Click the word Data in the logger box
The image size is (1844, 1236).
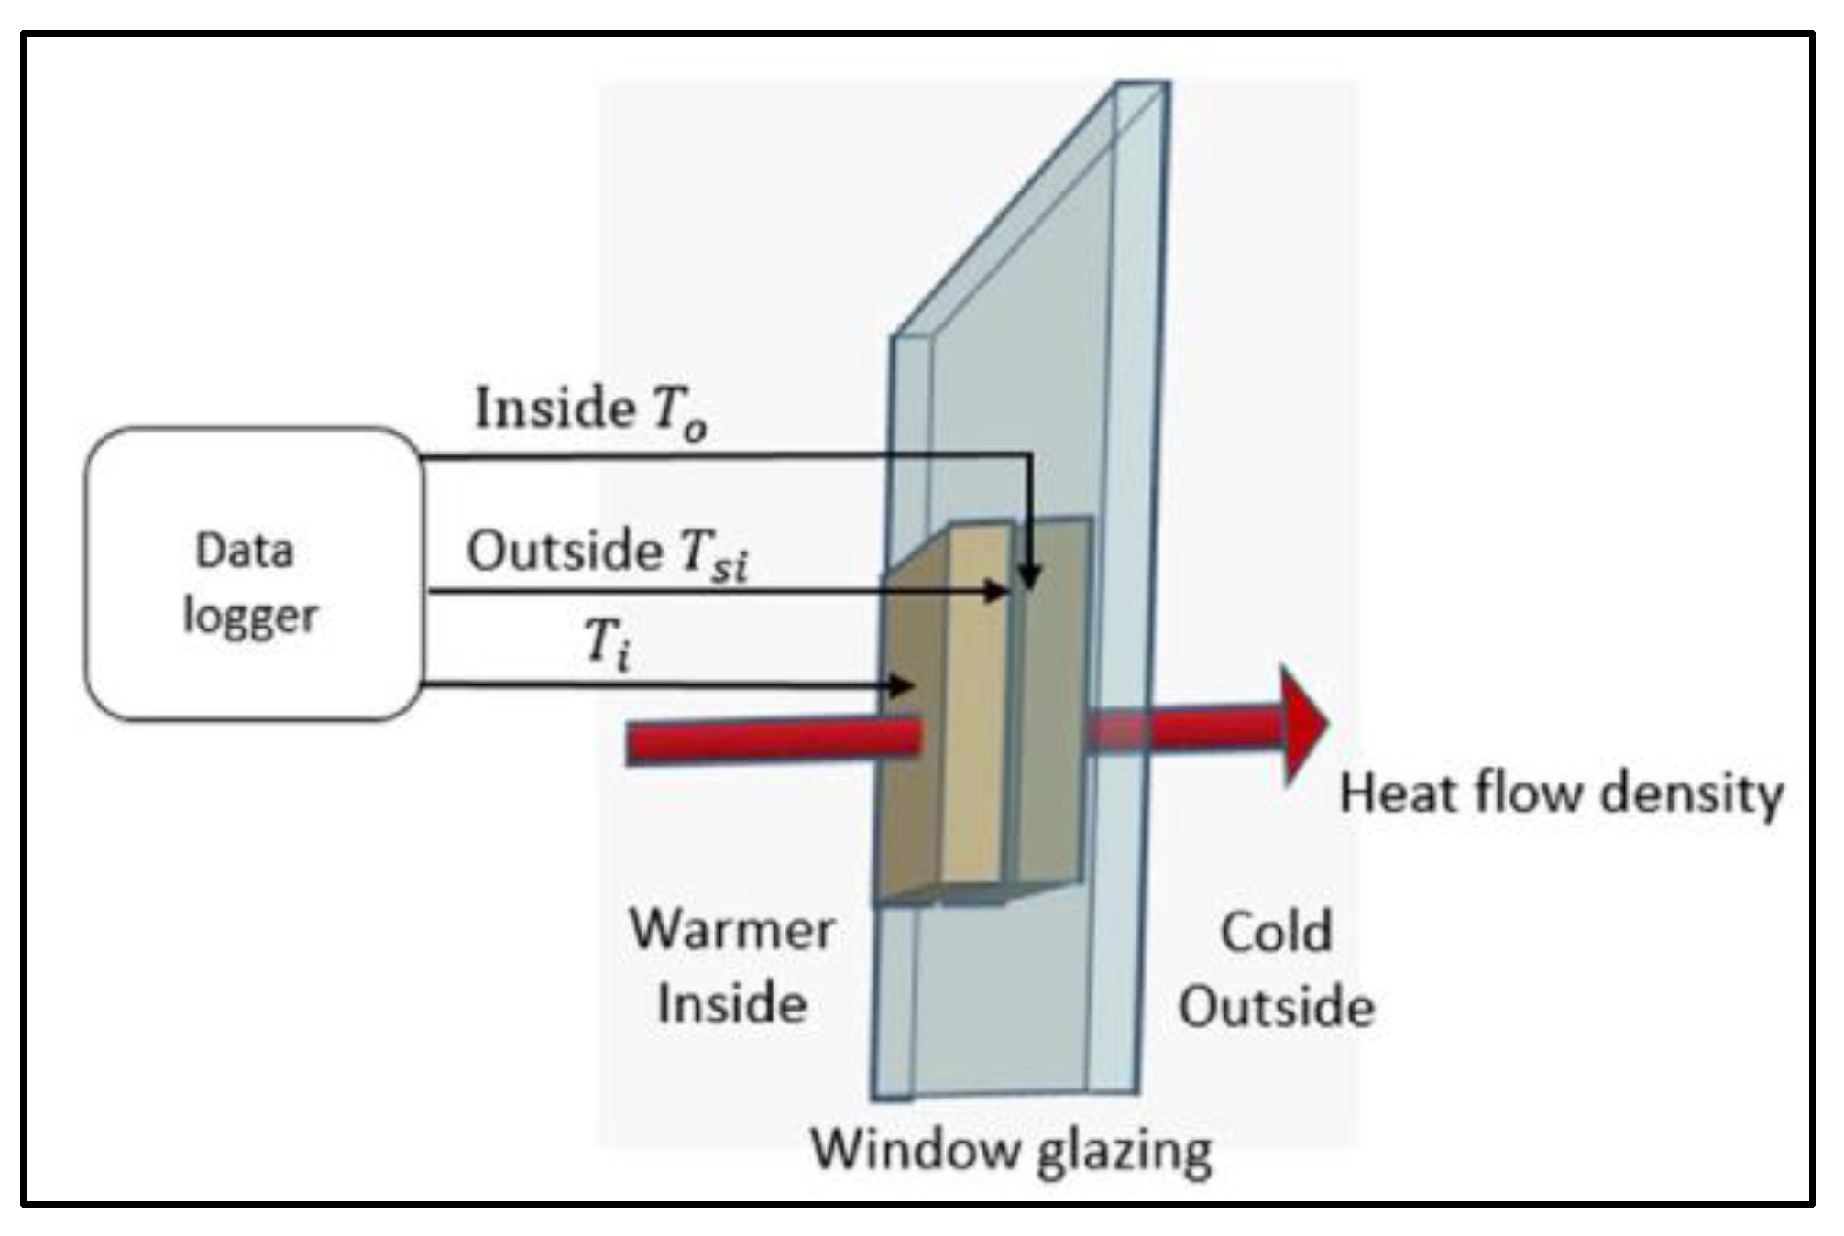[x=245, y=551]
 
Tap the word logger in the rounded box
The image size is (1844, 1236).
[x=250, y=617]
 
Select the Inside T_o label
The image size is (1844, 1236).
[x=590, y=410]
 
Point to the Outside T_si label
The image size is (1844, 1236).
[x=607, y=552]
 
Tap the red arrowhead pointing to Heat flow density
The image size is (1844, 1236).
[x=1302, y=724]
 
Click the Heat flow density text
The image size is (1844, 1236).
[x=1561, y=793]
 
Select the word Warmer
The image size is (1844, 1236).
[x=731, y=930]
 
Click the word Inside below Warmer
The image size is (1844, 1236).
[x=731, y=1003]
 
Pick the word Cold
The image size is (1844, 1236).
[x=1276, y=933]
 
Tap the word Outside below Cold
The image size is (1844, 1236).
[x=1276, y=1007]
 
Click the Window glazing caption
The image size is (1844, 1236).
[x=1011, y=1149]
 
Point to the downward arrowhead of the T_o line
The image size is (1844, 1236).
[x=1030, y=576]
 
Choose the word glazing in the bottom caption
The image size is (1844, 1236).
[x=1126, y=1151]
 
